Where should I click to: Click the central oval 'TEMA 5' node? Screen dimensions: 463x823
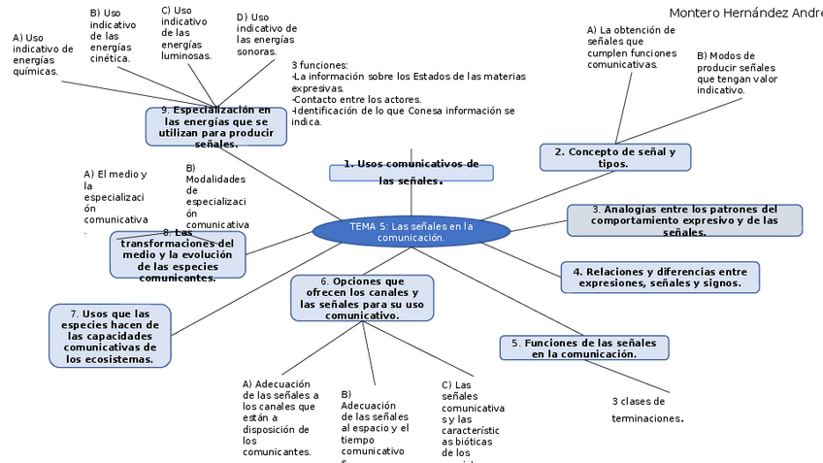pyautogui.click(x=411, y=232)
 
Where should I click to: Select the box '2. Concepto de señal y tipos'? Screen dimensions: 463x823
pyautogui.click(x=614, y=157)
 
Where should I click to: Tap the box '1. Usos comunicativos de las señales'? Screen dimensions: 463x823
pyautogui.click(x=411, y=172)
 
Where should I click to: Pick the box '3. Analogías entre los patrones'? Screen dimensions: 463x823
pyautogui.click(x=684, y=220)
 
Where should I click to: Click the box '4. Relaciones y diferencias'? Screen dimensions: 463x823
pyautogui.click(x=660, y=278)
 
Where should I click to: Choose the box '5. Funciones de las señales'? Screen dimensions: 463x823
pyautogui.click(x=583, y=348)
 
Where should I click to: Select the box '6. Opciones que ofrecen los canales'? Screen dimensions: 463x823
pyautogui.click(x=362, y=298)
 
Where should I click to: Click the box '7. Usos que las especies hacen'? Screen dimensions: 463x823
pyautogui.click(x=110, y=336)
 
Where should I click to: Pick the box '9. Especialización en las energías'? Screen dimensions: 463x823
pyautogui.click(x=216, y=127)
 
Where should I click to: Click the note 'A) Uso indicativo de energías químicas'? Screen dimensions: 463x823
pyautogui.click(x=42, y=54)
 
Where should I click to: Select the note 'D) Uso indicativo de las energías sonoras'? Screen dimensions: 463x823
pyautogui.click(x=266, y=34)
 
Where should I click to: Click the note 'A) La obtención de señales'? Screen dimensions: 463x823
pyautogui.click(x=630, y=47)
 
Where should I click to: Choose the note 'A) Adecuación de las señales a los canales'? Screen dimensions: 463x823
pyautogui.click(x=280, y=417)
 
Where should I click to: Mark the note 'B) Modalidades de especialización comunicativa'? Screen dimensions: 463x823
pyautogui.click(x=216, y=196)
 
